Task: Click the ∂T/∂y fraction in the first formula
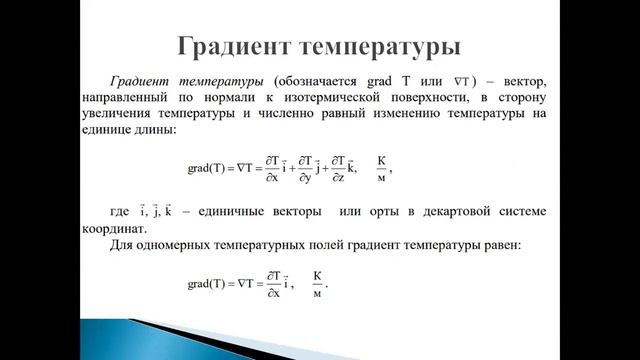pos(303,168)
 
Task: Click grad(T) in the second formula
pos(206,284)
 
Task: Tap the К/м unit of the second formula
pos(319,283)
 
